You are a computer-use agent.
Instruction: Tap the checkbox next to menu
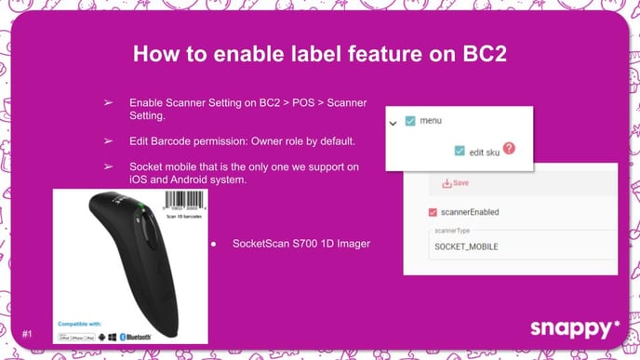coord(410,121)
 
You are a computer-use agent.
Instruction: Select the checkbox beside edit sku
coord(460,151)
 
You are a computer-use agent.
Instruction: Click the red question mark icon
coord(509,149)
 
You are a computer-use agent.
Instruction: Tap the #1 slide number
coord(28,331)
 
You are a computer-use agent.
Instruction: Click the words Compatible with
coord(81,324)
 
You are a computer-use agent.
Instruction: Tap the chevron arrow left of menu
coord(393,122)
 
